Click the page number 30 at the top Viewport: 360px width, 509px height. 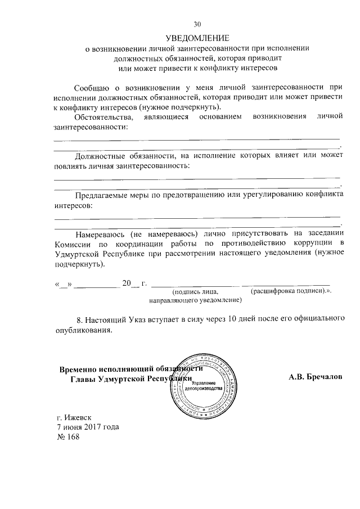click(x=197, y=24)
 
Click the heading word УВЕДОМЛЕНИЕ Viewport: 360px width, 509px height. click(x=197, y=38)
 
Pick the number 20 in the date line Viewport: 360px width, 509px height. click(x=127, y=283)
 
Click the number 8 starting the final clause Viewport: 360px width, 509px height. click(x=78, y=319)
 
